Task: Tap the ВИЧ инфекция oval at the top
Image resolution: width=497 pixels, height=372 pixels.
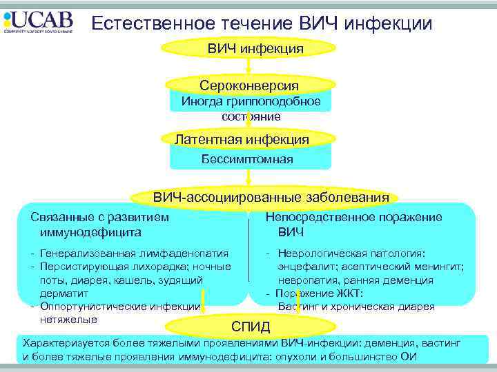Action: [248, 49]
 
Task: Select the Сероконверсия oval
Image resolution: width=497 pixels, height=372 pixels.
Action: [248, 85]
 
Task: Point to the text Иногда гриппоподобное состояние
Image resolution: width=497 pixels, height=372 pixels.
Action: [251, 109]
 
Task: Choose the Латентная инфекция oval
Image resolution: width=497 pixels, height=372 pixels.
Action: [242, 140]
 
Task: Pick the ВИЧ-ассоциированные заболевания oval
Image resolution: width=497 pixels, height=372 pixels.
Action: [271, 198]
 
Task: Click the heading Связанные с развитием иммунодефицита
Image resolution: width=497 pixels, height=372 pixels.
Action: [99, 225]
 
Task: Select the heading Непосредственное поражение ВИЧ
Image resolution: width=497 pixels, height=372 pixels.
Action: [353, 225]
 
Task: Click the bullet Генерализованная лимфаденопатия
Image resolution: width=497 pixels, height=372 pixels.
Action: [134, 254]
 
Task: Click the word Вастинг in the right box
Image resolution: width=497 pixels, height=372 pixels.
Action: [299, 307]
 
